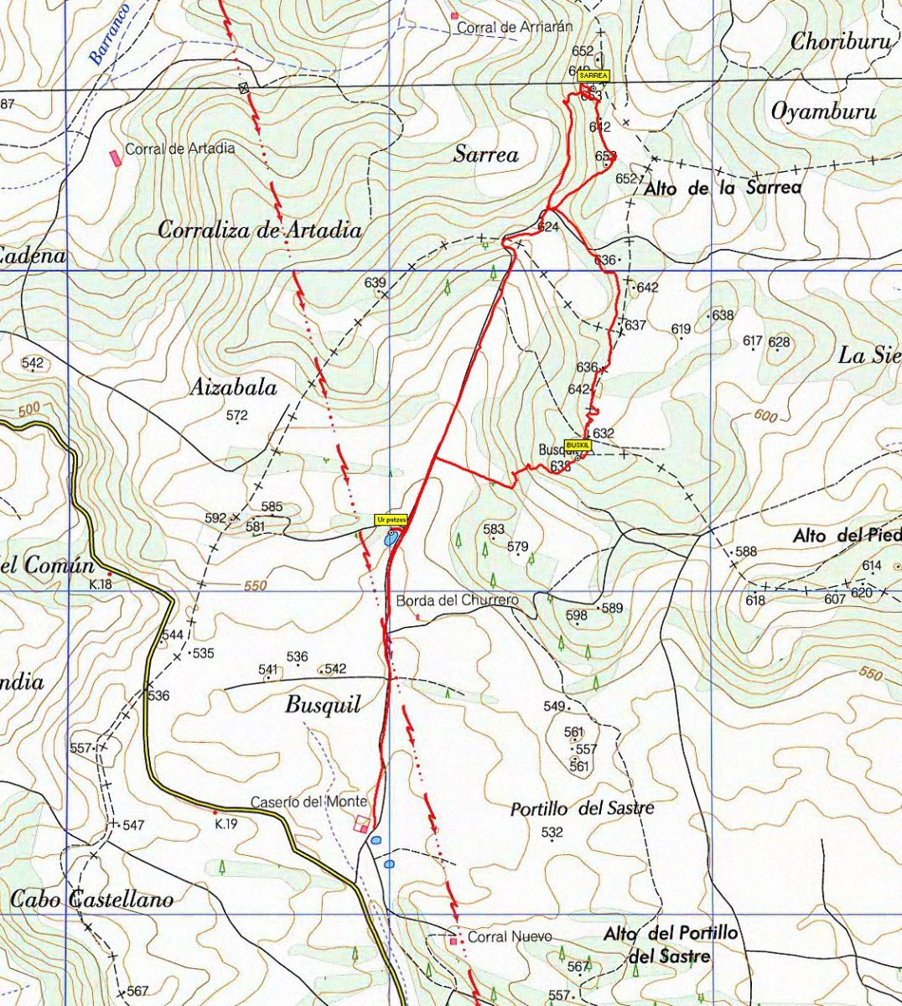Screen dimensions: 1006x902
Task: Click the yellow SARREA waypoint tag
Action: pyautogui.click(x=594, y=75)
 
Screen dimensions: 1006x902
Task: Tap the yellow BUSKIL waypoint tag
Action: pyautogui.click(x=578, y=444)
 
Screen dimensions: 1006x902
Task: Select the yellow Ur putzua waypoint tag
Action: pyautogui.click(x=391, y=520)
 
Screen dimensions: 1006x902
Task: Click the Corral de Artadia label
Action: pyautogui.click(x=180, y=148)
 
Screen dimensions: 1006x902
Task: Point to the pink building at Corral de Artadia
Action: pyautogui.click(x=115, y=157)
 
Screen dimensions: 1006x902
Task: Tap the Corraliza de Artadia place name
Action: pyautogui.click(x=260, y=230)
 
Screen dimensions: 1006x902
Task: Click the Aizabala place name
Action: pyautogui.click(x=233, y=387)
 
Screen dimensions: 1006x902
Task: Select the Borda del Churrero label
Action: pyautogui.click(x=458, y=600)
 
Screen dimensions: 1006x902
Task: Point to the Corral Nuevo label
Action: pyautogui.click(x=510, y=936)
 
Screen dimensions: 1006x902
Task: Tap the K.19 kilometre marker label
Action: pyautogui.click(x=225, y=824)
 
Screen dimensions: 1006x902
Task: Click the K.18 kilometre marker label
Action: pyautogui.click(x=101, y=584)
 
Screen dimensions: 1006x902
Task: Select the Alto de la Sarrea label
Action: pyautogui.click(x=722, y=189)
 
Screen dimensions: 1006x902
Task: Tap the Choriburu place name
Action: pyautogui.click(x=841, y=41)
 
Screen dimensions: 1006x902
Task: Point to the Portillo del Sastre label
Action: pyautogui.click(x=582, y=808)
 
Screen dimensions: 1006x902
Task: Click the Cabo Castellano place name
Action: pyautogui.click(x=92, y=900)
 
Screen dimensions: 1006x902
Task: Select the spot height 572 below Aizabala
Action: pyautogui.click(x=237, y=415)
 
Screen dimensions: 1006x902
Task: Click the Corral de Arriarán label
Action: pyautogui.click(x=514, y=27)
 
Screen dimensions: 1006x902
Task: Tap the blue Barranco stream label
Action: pyautogui.click(x=110, y=34)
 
